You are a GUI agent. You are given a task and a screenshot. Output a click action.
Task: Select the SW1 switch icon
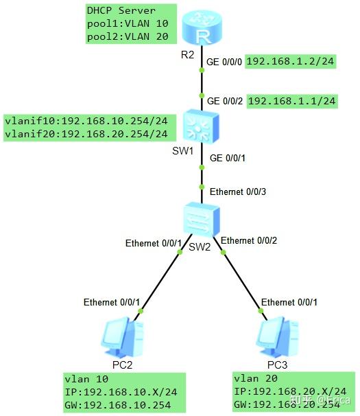click(x=200, y=126)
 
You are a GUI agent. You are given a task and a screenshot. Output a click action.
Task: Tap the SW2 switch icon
click(x=200, y=220)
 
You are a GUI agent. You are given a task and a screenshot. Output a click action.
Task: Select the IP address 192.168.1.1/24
click(x=292, y=101)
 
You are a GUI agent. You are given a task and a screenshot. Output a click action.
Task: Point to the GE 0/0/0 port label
click(x=224, y=61)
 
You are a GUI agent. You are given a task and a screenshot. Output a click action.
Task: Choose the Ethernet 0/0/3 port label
click(x=237, y=191)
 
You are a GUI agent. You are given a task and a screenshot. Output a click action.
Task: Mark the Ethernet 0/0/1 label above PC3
click(x=289, y=302)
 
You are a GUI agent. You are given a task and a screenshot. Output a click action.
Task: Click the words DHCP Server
click(x=121, y=11)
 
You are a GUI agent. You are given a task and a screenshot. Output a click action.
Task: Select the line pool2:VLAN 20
click(x=127, y=38)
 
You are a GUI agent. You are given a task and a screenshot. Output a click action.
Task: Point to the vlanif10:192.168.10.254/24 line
click(x=86, y=121)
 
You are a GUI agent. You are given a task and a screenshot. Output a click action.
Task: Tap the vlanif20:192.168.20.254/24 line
click(x=86, y=134)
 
